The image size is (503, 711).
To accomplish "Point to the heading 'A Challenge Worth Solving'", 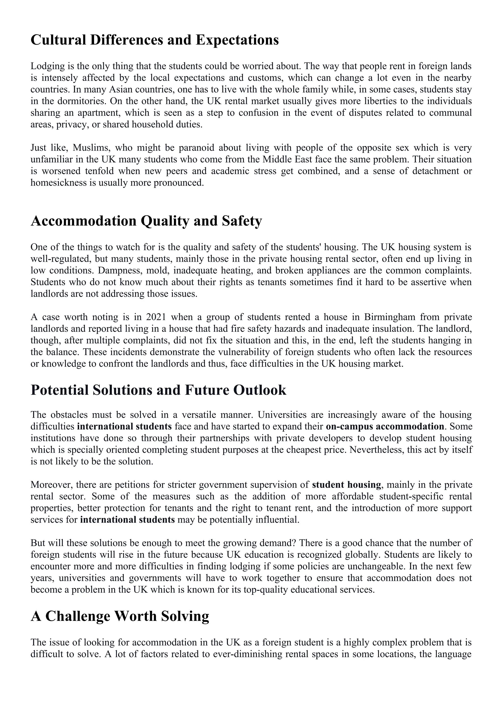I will coord(120,616).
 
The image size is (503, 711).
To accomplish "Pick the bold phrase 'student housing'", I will coord(346,485).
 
